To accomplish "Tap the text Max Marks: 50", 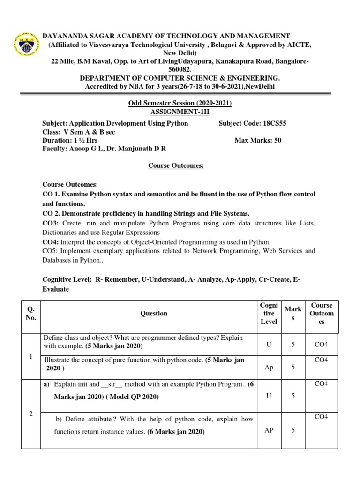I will pyautogui.click(x=258, y=140).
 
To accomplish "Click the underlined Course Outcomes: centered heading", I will pyautogui.click(x=176, y=165).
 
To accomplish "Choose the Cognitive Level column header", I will pyautogui.click(x=269, y=313).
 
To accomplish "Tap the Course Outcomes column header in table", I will pyautogui.click(x=322, y=313).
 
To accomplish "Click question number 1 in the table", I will pyautogui.click(x=30, y=357).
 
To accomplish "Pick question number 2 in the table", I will pyautogui.click(x=30, y=414).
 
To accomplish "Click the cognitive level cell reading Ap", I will pyautogui.click(x=269, y=367).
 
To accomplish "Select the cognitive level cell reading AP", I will pyautogui.click(x=269, y=431).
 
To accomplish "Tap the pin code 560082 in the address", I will pyautogui.click(x=180, y=69).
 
